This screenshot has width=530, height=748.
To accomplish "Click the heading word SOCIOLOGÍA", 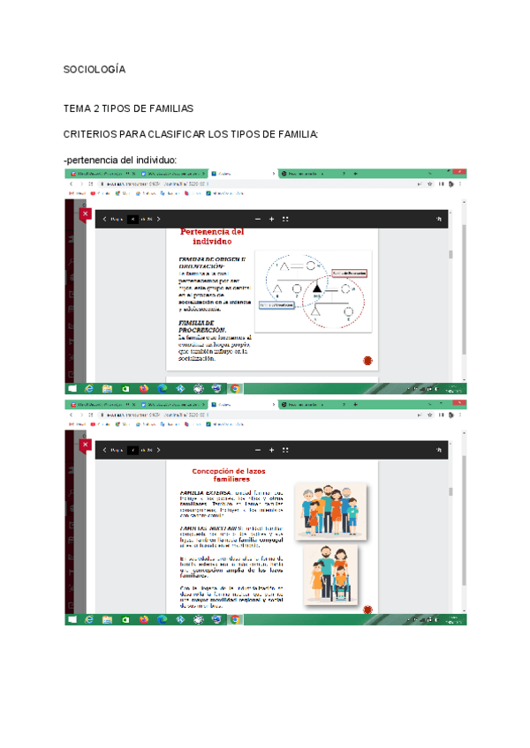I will pos(95,69).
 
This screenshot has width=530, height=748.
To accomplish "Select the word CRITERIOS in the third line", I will pos(91,134).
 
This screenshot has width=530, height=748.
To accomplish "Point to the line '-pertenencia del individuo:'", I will pos(121,160).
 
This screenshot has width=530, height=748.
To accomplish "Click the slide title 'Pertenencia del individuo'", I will pos(212,236).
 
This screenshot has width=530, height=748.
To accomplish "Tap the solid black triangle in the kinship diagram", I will pos(317,287).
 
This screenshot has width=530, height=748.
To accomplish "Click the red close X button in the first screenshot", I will pos(86,214).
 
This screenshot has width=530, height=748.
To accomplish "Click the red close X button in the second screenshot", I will pos(86,445).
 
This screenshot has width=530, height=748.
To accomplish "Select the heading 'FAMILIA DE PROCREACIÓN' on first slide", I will pos(202,326).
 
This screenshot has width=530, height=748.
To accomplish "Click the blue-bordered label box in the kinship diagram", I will pos(276,305).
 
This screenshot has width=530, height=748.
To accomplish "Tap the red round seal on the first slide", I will pos(367,361).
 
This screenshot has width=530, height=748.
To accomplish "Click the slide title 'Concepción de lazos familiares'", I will pos(229,475).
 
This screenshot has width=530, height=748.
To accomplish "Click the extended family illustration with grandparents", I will pos(330,509).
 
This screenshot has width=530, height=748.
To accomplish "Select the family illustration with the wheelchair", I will pos(329,572).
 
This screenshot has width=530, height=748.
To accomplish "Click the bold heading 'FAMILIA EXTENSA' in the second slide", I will pos(205,493).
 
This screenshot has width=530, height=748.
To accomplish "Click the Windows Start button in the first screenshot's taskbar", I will pos(71,388).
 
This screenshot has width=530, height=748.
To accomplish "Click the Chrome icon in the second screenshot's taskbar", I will pos(236,619).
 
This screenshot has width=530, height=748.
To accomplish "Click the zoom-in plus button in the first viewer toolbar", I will pos(271,219).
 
